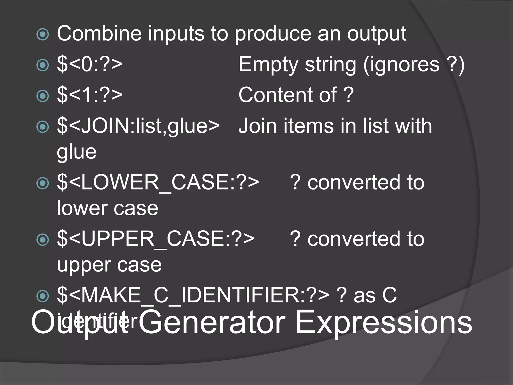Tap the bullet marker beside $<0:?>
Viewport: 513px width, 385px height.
[x=43, y=65]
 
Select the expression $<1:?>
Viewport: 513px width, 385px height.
[x=90, y=95]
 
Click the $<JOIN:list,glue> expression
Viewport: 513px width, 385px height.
[x=138, y=126]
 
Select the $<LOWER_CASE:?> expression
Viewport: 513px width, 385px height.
[x=158, y=182]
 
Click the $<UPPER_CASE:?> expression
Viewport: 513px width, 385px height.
[x=156, y=239]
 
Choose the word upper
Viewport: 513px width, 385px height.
[x=84, y=265]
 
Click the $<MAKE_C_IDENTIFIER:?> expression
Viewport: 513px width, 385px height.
[x=193, y=295]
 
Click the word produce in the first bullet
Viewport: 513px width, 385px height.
[x=273, y=34]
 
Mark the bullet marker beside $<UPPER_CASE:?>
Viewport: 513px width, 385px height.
[x=43, y=239]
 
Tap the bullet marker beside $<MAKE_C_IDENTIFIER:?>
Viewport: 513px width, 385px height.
[x=43, y=296]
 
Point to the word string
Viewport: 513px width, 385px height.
[x=330, y=65]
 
